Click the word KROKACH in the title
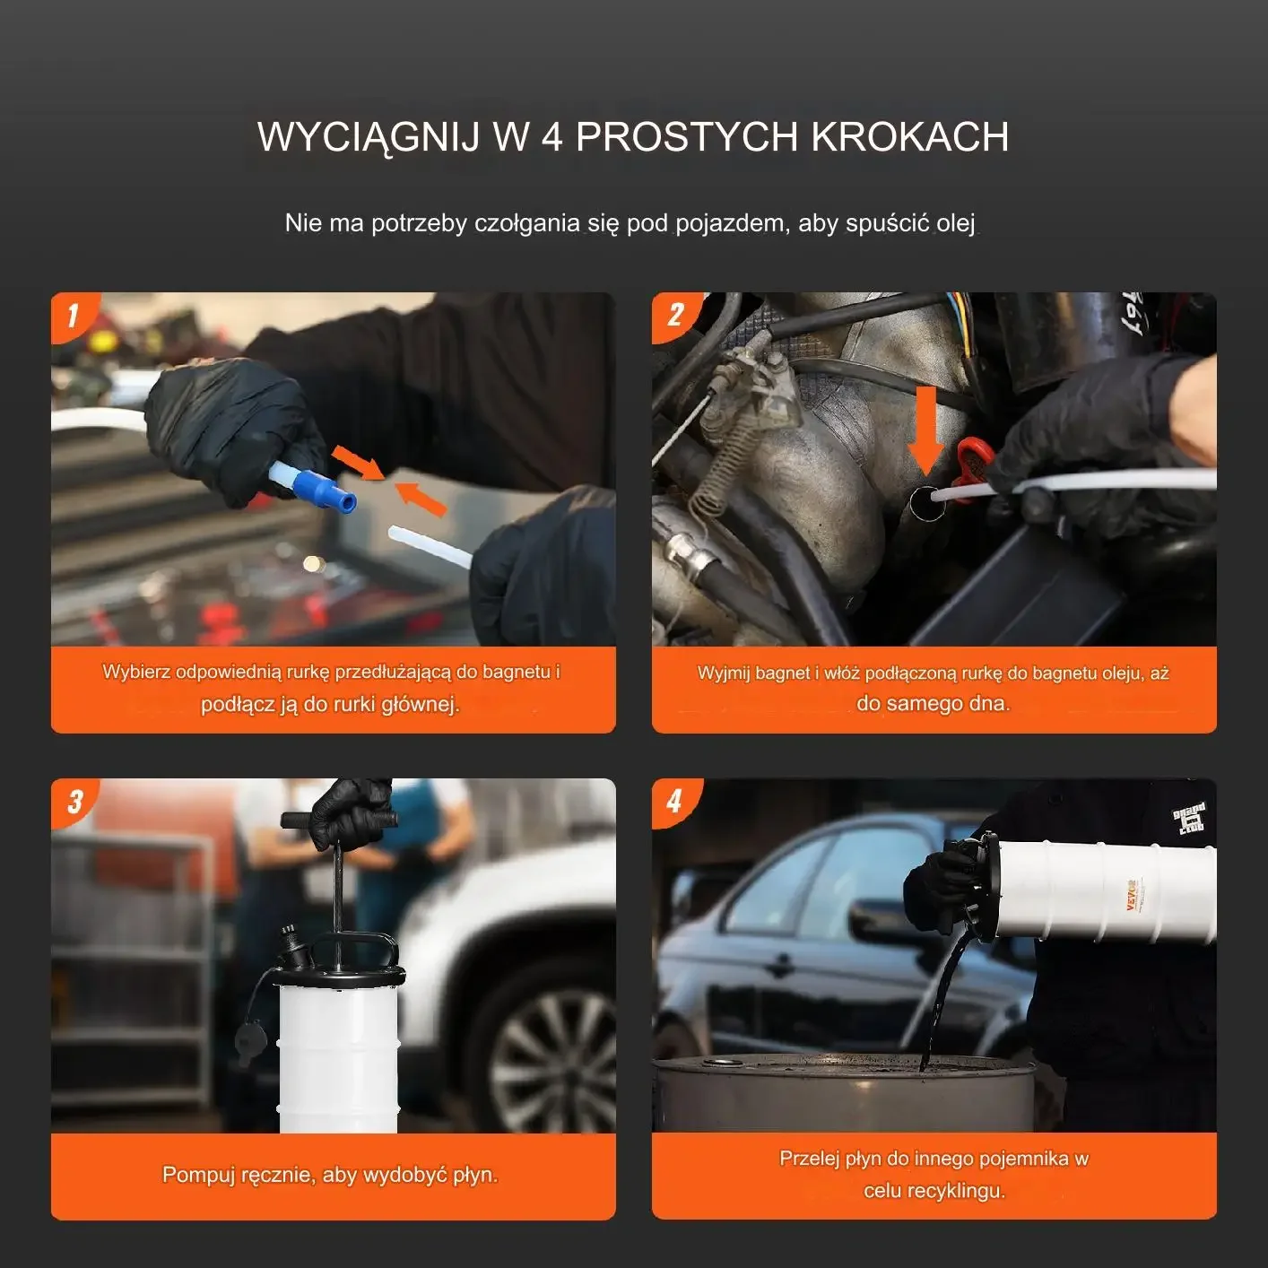[909, 137]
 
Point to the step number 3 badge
[74, 802]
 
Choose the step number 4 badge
[674, 802]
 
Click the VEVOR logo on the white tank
[1133, 894]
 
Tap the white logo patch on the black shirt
[1189, 819]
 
